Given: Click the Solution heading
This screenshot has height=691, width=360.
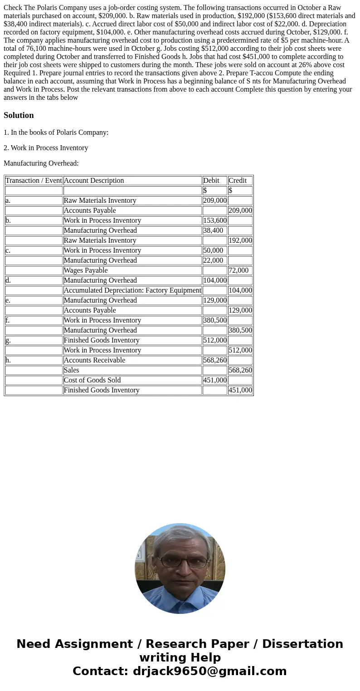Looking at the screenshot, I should (19, 115).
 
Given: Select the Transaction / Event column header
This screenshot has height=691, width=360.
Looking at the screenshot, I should (34, 181).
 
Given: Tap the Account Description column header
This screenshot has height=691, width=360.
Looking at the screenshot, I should (94, 181).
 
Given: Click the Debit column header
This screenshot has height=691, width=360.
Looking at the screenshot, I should (211, 181).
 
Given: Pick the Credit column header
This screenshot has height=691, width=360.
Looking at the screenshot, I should (238, 181).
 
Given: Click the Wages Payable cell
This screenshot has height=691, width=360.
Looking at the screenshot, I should (86, 270).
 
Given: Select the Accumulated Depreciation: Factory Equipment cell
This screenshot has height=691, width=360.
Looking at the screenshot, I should (132, 290).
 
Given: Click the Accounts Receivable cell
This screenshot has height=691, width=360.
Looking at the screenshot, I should (94, 360).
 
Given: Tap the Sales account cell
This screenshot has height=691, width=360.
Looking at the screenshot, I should (72, 370).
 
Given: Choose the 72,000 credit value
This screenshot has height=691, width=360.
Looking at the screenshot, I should (238, 270).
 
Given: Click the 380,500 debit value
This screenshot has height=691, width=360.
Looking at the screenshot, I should (215, 320).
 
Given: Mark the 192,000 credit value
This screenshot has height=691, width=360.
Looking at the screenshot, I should (240, 240).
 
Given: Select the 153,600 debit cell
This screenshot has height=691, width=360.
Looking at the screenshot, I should (215, 221).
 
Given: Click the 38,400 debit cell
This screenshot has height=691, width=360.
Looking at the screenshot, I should (213, 230).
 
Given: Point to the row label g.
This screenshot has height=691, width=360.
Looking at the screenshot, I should (8, 340).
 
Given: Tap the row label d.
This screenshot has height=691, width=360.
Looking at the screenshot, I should (8, 280).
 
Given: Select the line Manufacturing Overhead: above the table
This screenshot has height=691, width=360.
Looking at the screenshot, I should (41, 163).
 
